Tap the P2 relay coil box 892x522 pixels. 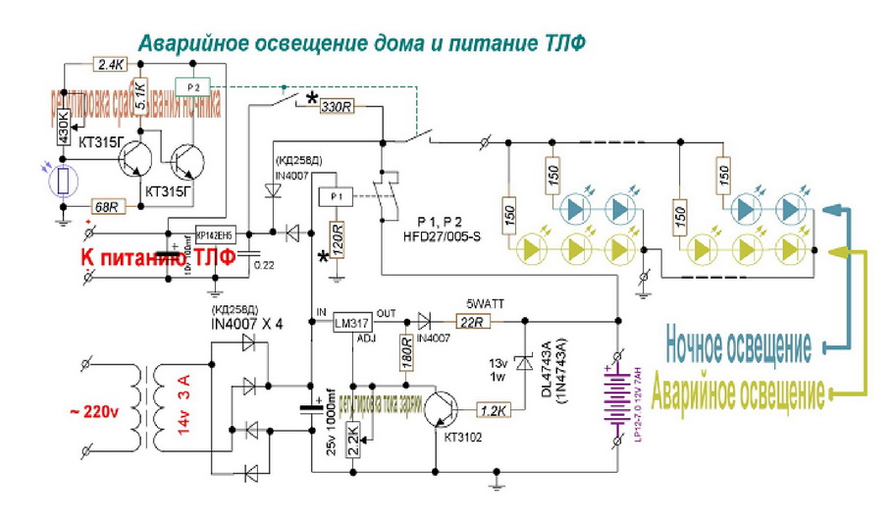pyautogui.click(x=192, y=86)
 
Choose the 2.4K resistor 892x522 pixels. pyautogui.click(x=111, y=65)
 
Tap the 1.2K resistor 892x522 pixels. pyautogui.click(x=495, y=406)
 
